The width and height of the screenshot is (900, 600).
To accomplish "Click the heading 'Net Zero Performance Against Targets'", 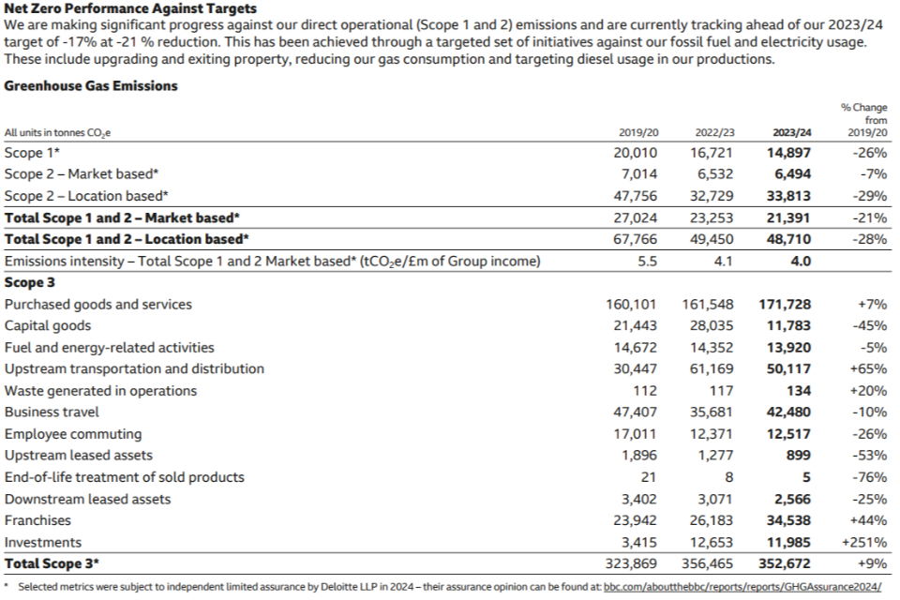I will (x=130, y=8).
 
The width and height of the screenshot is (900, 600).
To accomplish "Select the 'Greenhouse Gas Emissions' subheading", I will (x=91, y=85).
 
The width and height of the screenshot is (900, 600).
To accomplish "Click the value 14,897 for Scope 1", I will (x=787, y=153).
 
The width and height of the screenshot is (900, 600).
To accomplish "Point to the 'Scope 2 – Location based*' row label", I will (x=86, y=196).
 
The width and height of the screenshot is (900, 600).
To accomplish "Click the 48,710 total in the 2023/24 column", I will (x=787, y=239).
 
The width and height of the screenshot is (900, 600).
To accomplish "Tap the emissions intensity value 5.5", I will (x=647, y=262).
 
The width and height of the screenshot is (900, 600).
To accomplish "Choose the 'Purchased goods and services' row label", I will (x=98, y=305).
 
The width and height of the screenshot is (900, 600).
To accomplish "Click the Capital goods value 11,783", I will (x=787, y=326).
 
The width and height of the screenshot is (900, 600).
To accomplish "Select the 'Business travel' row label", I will (x=52, y=412).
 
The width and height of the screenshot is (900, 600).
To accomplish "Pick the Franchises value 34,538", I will (x=787, y=520).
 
